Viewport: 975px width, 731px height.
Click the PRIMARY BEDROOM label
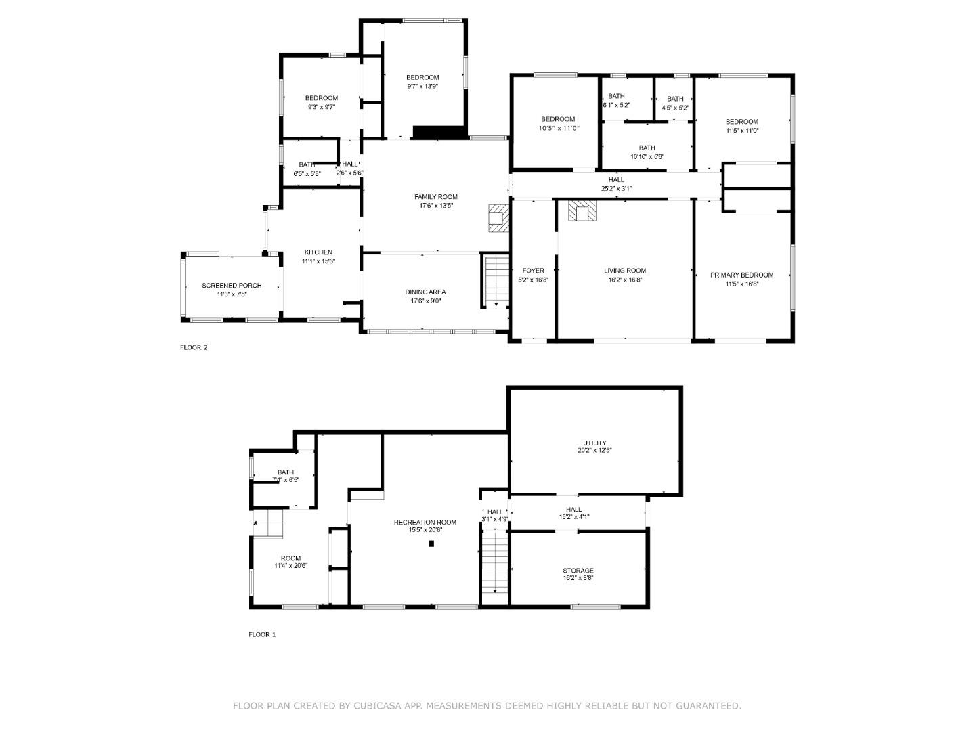(x=741, y=275)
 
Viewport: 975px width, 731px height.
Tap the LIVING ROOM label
(x=625, y=271)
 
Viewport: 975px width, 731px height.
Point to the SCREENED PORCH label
(x=232, y=286)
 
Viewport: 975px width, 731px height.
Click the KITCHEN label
(x=318, y=252)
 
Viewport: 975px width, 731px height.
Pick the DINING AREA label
(x=425, y=292)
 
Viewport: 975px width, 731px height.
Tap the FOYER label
(x=533, y=271)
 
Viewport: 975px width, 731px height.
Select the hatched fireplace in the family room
(x=498, y=218)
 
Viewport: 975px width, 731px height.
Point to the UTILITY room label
(x=594, y=443)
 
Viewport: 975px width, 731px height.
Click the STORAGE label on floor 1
(x=578, y=571)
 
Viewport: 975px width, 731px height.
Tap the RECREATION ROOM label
(x=425, y=523)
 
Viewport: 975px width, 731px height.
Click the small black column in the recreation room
(x=431, y=543)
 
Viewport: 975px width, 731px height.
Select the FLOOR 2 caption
(x=194, y=348)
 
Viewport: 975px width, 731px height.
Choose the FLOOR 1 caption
(x=262, y=635)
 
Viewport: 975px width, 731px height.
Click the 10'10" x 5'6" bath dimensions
(x=647, y=157)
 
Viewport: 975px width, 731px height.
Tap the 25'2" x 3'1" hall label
(x=616, y=189)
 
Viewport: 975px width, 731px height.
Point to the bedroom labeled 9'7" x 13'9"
(x=422, y=78)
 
